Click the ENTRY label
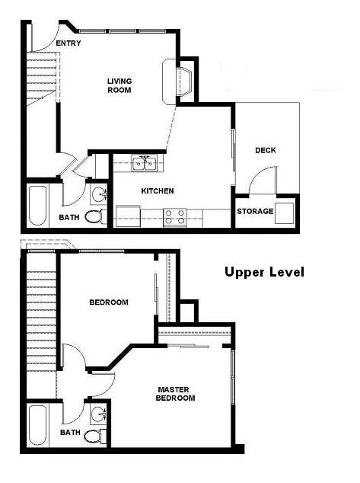point(68,43)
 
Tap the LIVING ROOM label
point(119,85)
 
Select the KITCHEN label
point(158,191)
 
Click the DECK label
point(265,150)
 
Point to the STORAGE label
point(254,211)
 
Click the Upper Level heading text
point(264,272)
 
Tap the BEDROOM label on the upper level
point(109,302)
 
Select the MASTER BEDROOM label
point(176,393)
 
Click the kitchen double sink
point(145,163)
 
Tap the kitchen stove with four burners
point(175,216)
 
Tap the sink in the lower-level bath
point(98,190)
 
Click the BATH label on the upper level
point(70,432)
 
